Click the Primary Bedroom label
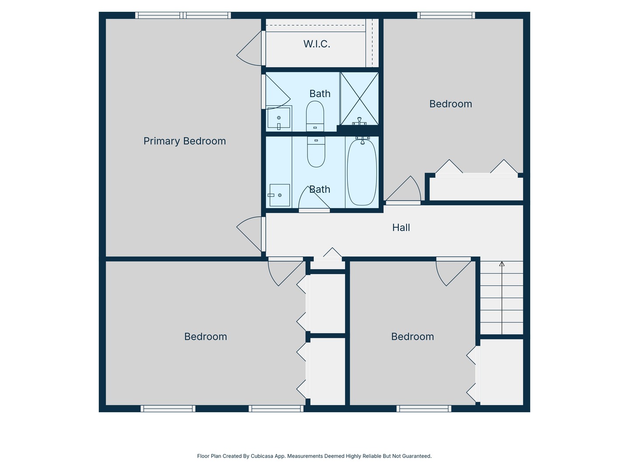pos(184,141)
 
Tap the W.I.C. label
pos(317,44)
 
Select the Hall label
pos(401,228)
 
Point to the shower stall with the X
pos(359,98)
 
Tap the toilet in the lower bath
pos(316,152)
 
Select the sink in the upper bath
pos(279,118)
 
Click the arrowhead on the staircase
pos(502,264)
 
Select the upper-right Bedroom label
pos(450,104)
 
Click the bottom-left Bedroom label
pos(205,337)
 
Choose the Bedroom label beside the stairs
pos(412,337)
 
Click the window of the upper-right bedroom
pos(446,15)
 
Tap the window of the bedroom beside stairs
pos(424,409)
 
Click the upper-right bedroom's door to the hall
pos(403,190)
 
